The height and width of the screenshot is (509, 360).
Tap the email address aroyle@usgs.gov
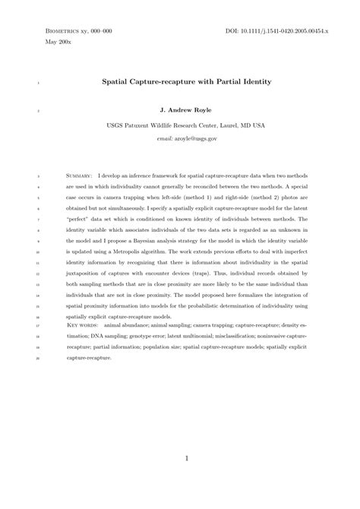coord(187,139)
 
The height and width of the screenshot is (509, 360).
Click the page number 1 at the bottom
coord(187,458)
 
